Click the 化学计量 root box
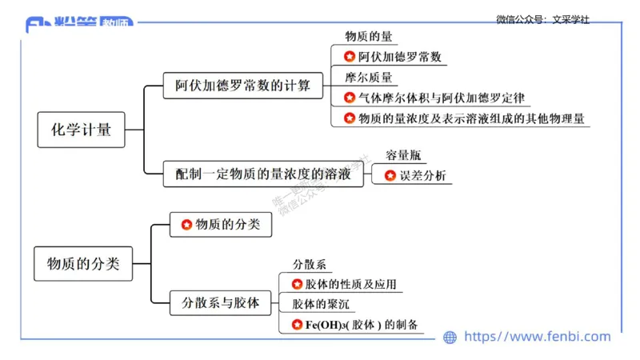coord(82,130)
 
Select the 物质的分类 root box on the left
coord(83,264)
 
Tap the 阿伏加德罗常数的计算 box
coord(242,85)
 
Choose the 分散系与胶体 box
coord(220,303)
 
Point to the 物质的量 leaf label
coord(367,37)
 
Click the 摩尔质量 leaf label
coord(368,78)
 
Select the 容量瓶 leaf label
coord(402,154)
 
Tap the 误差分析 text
coord(423,175)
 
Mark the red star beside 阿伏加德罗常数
coord(350,57)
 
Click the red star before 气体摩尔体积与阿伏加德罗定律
coord(350,98)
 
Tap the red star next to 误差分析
coord(390,175)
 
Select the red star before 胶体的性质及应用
coord(297,284)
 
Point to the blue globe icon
coord(450,338)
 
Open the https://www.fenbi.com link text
coord(537,337)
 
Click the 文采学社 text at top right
coord(570,20)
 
